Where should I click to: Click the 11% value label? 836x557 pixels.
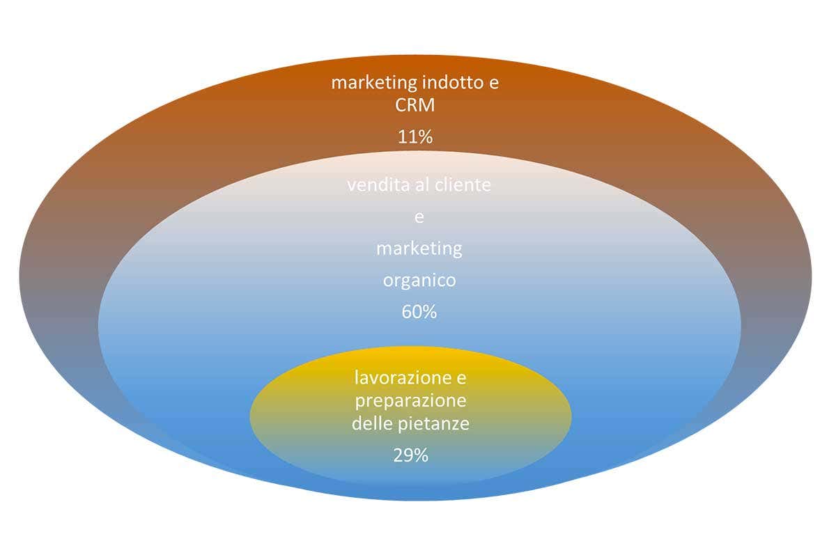tap(415, 137)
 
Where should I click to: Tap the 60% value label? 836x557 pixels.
tap(419, 312)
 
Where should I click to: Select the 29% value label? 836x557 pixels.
tap(410, 456)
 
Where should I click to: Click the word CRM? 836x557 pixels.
tap(415, 105)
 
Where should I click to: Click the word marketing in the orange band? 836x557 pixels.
tap(373, 84)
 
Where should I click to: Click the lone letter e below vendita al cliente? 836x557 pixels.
tap(419, 217)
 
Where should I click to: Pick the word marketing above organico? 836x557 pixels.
tap(419, 248)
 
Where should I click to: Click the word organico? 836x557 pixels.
tap(419, 281)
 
